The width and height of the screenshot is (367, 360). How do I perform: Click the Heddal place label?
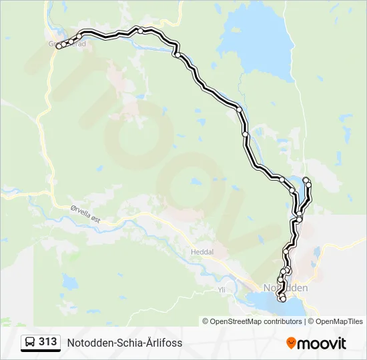(201, 253)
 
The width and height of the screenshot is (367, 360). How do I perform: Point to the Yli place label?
(222, 290)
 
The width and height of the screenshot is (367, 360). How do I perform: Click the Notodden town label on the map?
(286, 288)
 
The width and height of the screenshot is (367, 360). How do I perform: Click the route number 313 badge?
(47, 342)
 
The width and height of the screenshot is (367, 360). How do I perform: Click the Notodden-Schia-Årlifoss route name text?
(124, 343)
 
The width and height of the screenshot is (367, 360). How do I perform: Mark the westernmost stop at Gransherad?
(59, 46)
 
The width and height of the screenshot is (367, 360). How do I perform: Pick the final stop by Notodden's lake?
(283, 299)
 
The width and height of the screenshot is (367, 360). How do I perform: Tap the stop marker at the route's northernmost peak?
(141, 31)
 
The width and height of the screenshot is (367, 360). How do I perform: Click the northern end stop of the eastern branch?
(306, 181)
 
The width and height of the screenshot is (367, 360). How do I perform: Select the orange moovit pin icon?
(291, 343)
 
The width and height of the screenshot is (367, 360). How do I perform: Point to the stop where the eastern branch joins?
(300, 219)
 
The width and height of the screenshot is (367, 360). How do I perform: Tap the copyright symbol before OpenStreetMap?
(206, 321)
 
